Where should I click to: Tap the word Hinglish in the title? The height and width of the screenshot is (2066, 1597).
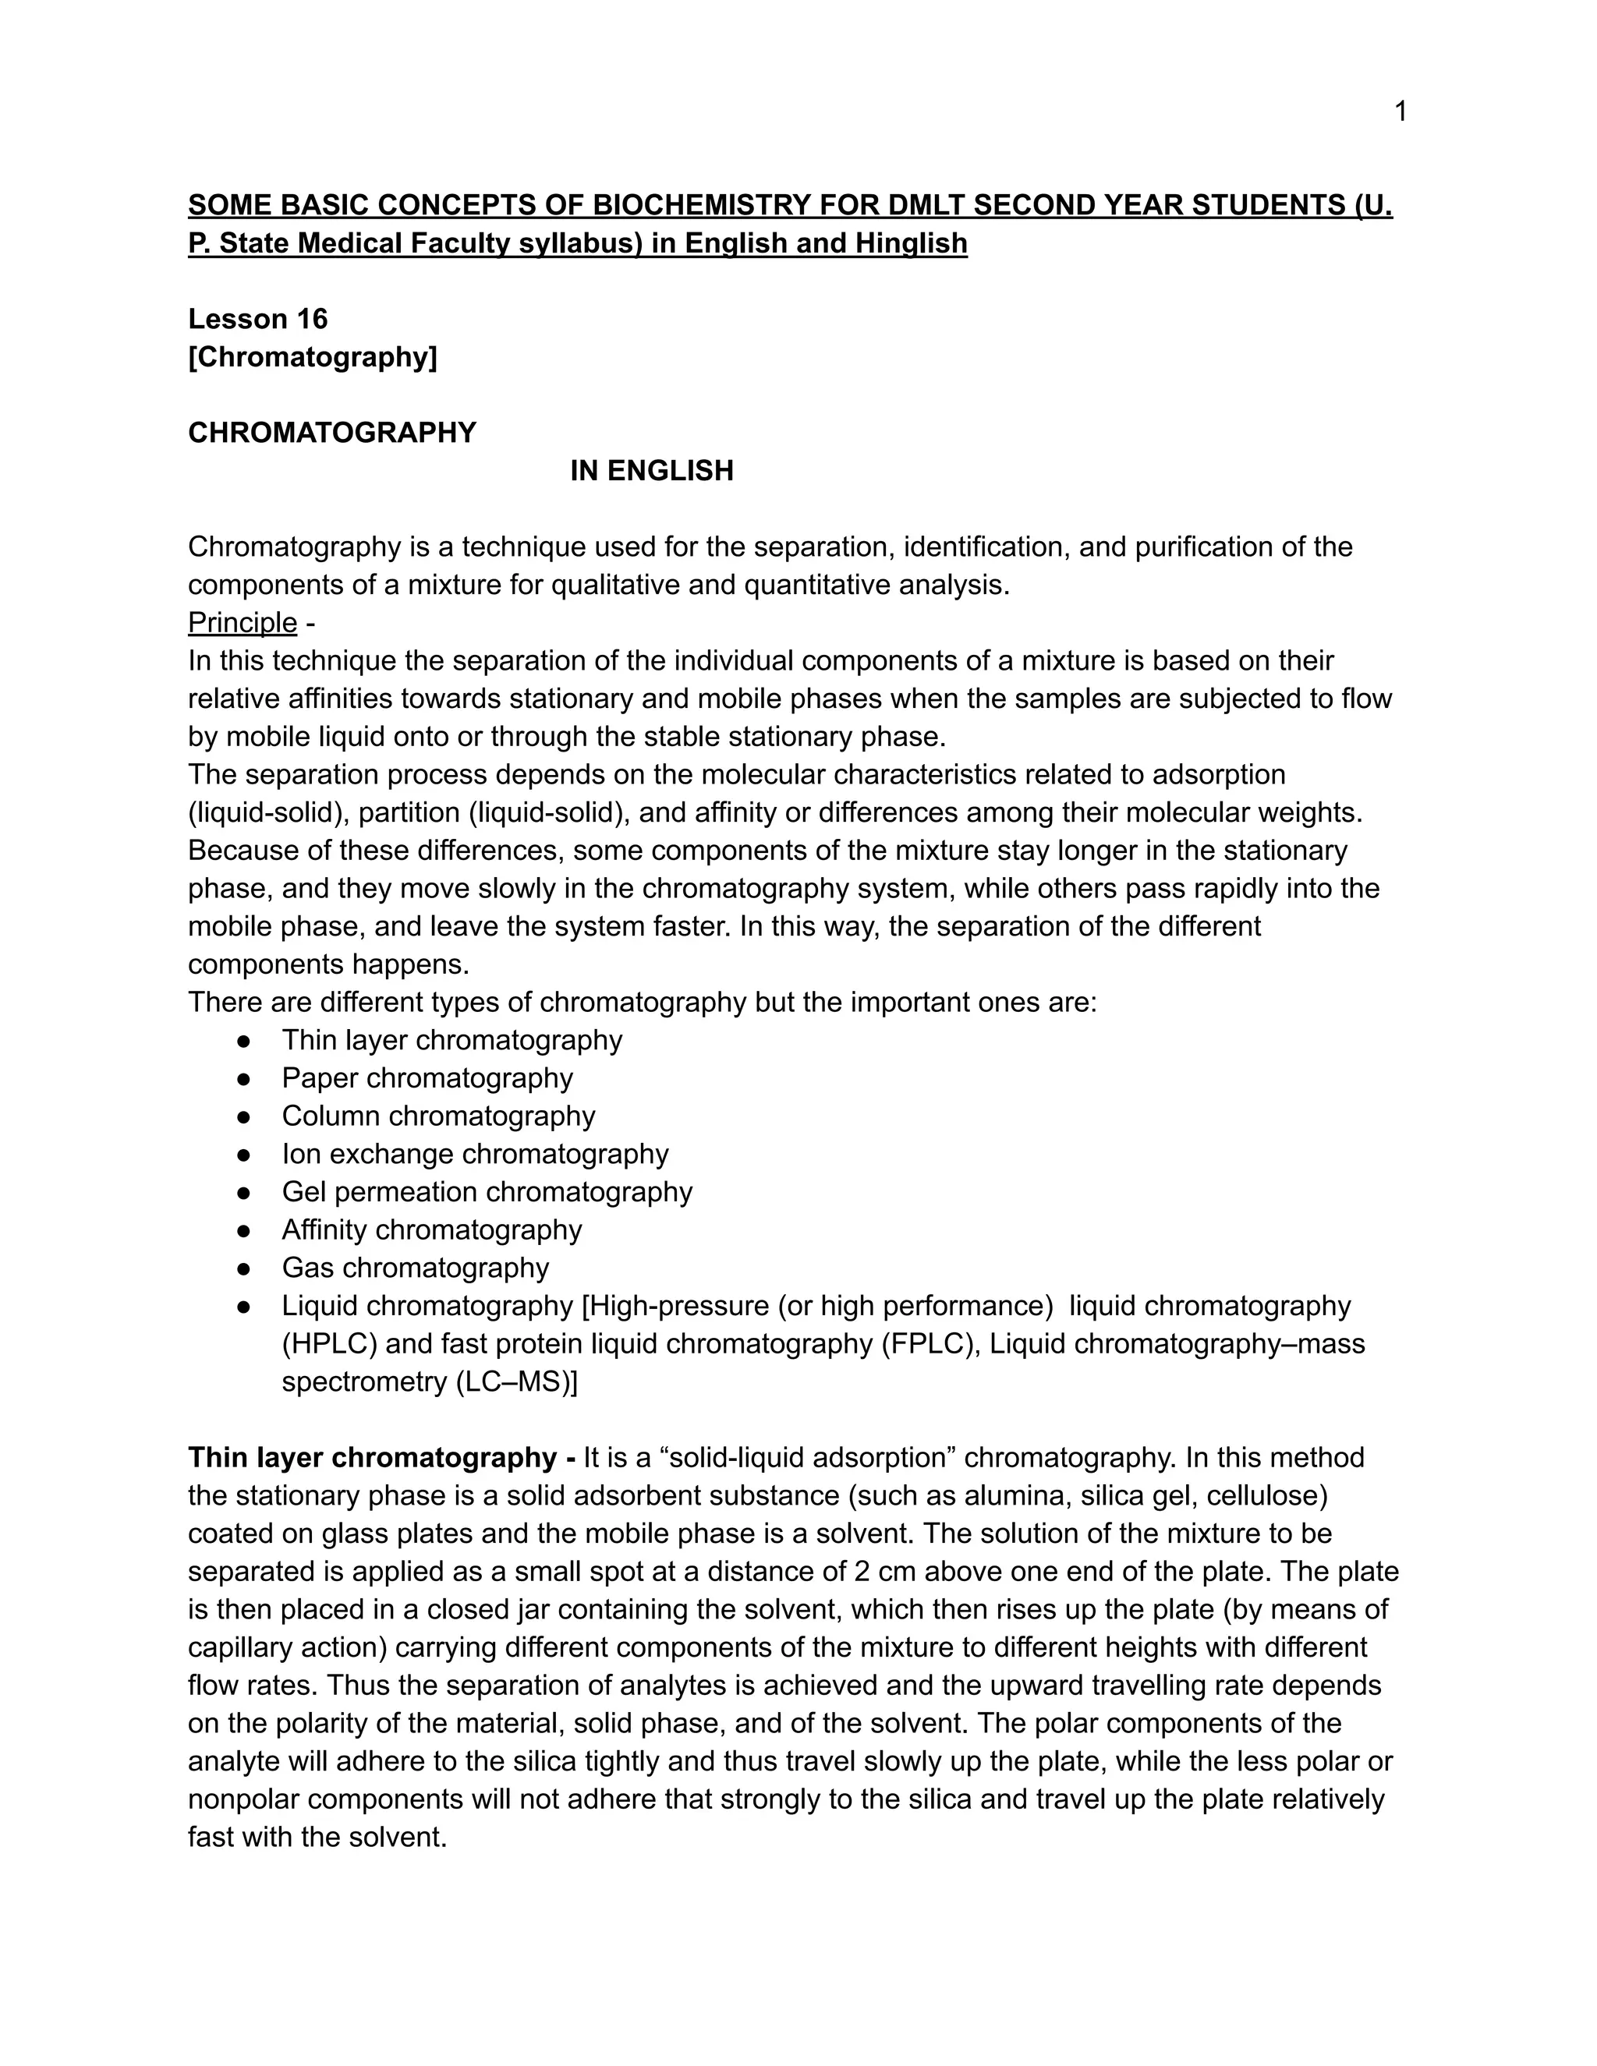(911, 244)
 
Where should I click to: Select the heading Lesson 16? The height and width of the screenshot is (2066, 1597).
(257, 319)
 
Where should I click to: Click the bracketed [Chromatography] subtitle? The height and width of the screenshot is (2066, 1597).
(312, 358)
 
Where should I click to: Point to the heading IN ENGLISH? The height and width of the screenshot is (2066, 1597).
(651, 471)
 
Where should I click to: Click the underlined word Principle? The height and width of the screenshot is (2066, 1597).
(243, 622)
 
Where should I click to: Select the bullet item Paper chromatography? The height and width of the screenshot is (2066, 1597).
(427, 1078)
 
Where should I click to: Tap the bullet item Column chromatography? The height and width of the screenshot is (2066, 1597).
(438, 1116)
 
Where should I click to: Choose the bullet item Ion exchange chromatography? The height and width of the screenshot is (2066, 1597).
(475, 1154)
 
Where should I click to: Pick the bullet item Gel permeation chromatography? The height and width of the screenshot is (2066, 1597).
(487, 1192)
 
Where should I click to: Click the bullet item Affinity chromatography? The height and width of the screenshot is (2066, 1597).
(431, 1229)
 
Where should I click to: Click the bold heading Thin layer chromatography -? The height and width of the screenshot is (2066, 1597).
(381, 1458)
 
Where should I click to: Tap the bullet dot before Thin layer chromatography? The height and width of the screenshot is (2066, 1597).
(244, 1041)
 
